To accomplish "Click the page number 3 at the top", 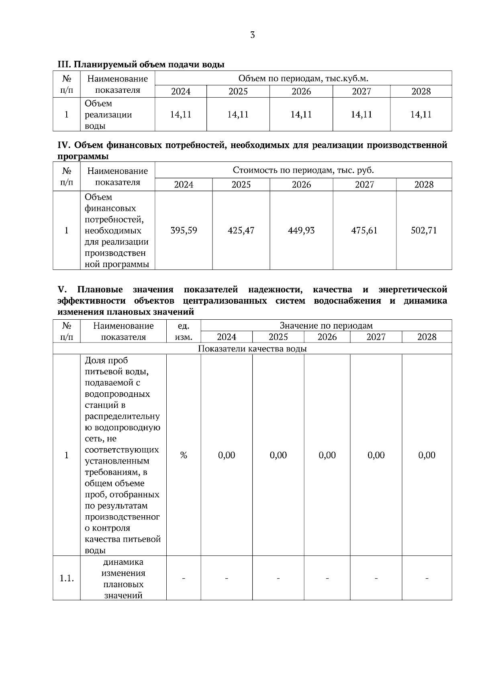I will point(252,35).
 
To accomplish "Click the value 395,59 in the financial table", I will point(184,231).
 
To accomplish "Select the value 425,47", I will point(241,231).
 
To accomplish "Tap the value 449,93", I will point(301,231).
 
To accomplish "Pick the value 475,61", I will point(364,231).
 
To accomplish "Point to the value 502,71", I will point(424,231).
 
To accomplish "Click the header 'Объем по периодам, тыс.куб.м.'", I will point(303,78).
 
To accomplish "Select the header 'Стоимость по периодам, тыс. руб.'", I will point(303,170).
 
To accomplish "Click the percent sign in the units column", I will point(184,455).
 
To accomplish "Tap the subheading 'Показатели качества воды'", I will point(252,349).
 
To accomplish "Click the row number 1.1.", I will point(67,578).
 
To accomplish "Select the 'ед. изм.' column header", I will point(184,331).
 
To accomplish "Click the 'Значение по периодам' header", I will point(326,326).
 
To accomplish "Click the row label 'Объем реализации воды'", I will point(108,115).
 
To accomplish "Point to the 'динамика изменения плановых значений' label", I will point(123,578).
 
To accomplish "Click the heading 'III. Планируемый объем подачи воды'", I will point(141,64).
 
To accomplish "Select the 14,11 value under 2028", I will point(421,115).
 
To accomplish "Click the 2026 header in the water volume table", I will point(301,92).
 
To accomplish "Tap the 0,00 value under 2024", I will point(227,455).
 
